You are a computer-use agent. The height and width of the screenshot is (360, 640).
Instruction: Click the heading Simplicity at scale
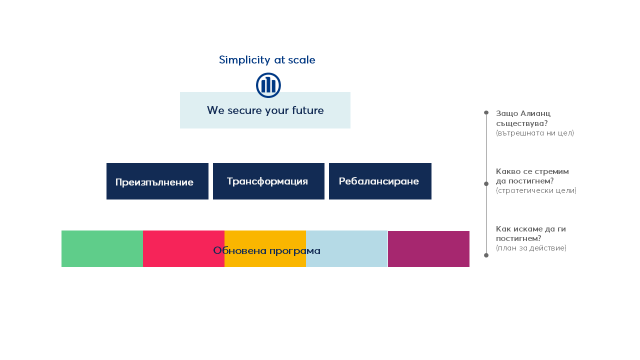(x=267, y=60)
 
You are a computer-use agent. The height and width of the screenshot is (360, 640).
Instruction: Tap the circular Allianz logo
(x=268, y=85)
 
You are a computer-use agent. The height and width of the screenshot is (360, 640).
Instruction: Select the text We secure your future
(x=265, y=110)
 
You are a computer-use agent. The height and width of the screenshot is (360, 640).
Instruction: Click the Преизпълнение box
(x=157, y=181)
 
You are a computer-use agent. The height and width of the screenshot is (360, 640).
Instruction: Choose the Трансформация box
(x=268, y=181)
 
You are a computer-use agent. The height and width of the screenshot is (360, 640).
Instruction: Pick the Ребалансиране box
(x=380, y=181)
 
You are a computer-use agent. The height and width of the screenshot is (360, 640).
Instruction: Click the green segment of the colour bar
(x=102, y=249)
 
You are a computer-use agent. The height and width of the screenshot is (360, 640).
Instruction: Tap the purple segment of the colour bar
(x=428, y=249)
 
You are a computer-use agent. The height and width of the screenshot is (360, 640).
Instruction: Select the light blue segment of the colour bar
(x=346, y=249)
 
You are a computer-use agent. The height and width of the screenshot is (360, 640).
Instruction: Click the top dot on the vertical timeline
(x=486, y=112)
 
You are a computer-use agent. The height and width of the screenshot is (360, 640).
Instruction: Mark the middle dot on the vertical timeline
(x=486, y=183)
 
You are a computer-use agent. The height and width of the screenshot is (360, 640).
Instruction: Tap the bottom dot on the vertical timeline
(x=486, y=255)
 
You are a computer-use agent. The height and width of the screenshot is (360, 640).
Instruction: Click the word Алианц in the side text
(x=535, y=113)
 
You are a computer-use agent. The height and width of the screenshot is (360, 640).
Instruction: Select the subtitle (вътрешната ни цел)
(x=535, y=133)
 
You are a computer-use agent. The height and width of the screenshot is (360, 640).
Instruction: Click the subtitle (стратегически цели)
(x=536, y=190)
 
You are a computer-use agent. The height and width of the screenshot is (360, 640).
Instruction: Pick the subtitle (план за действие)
(x=531, y=248)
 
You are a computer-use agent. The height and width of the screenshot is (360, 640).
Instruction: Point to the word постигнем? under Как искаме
(x=518, y=238)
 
